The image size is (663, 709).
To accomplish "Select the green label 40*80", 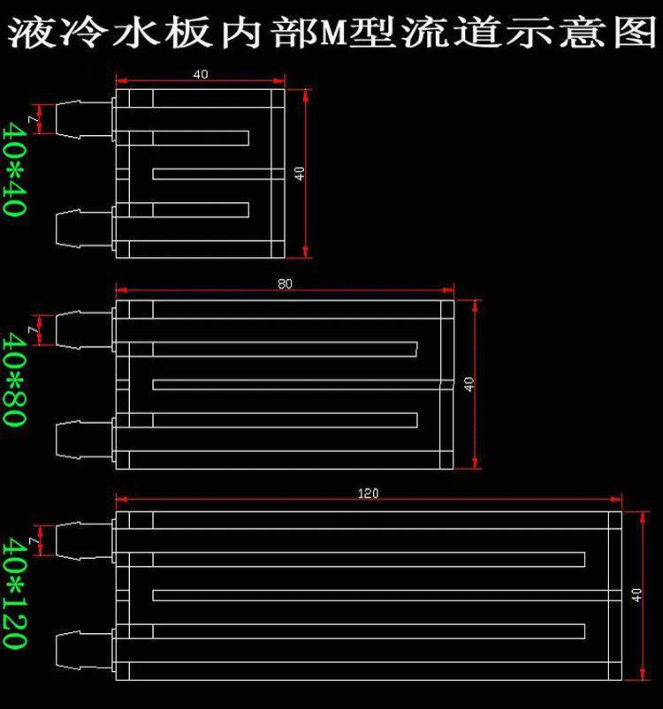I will click(x=14, y=381).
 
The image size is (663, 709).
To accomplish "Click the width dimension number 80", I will click(x=284, y=284).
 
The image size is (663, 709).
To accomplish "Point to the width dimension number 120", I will click(x=369, y=494).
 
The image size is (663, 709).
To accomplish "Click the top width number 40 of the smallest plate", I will click(x=201, y=75).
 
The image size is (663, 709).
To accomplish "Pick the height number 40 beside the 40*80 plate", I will click(x=469, y=384).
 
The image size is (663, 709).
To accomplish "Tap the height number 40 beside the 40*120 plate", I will click(x=636, y=595).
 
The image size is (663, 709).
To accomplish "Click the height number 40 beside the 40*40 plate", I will click(x=300, y=173).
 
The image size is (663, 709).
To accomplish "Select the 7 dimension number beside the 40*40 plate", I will click(x=34, y=118).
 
